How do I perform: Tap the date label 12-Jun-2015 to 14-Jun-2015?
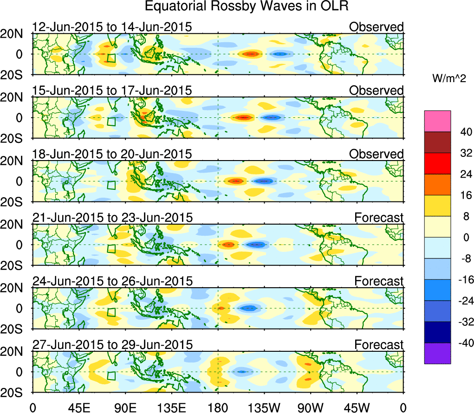click(112, 27)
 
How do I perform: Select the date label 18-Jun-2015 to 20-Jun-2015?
click(112, 154)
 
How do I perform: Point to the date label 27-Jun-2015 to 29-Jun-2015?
click(112, 345)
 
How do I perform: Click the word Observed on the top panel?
click(376, 27)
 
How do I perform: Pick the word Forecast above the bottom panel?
click(379, 345)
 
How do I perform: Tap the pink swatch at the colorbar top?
click(437, 121)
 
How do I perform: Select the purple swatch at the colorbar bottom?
click(437, 353)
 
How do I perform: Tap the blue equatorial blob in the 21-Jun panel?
click(255, 245)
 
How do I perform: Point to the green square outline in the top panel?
click(111, 58)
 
